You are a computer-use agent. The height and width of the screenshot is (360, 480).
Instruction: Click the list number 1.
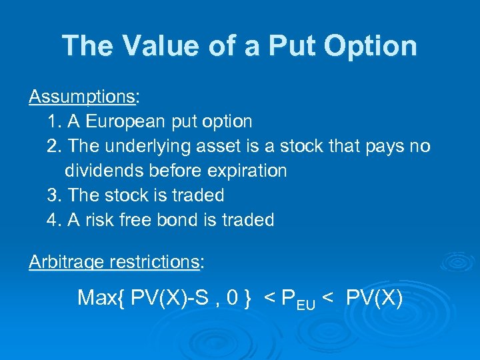click(x=53, y=121)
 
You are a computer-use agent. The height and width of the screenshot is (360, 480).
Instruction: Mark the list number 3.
click(x=53, y=195)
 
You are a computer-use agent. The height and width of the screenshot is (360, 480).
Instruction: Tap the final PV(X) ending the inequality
click(x=374, y=297)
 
